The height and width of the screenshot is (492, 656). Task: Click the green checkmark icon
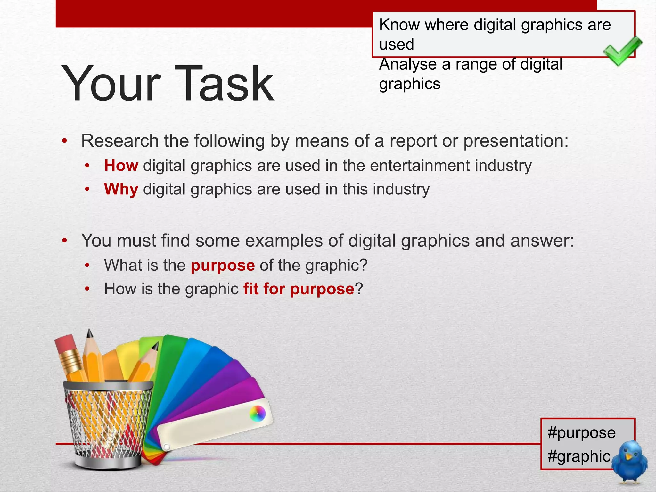point(622,51)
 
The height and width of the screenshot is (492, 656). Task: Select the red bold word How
point(121,166)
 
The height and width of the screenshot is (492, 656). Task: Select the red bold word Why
point(121,189)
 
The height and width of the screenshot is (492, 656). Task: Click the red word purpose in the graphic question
point(223,265)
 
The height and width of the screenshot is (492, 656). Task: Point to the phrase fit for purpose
point(299,289)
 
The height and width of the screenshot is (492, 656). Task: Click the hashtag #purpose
point(581,433)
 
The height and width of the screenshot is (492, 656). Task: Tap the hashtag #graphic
point(579,456)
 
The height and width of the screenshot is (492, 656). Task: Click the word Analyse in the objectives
point(408,65)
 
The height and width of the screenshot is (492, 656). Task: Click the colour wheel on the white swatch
point(258,414)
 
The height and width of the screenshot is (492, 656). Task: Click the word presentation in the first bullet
point(515,141)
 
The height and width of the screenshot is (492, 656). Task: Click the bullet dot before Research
point(65,141)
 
